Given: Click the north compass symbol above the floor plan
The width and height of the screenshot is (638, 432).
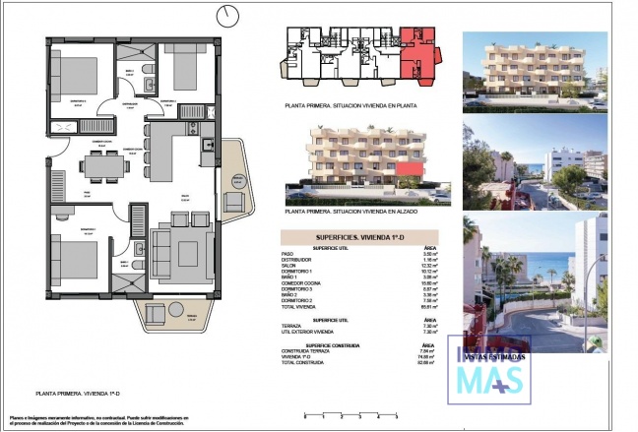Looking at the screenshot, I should [x=229, y=15].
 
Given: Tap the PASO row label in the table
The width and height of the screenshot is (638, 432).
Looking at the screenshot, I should [x=289, y=253].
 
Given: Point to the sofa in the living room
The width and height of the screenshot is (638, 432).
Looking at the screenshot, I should [x=181, y=254].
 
